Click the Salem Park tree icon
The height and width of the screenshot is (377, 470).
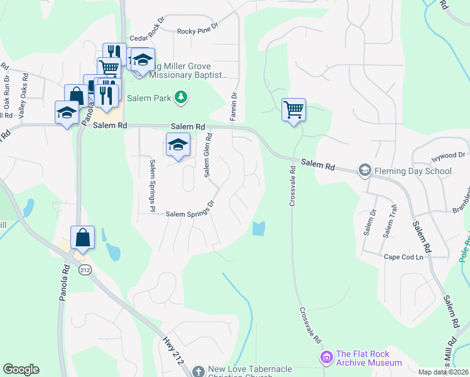[181, 97]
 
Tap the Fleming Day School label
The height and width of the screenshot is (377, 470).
[412, 170]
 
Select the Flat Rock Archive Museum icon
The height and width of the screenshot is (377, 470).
[326, 358]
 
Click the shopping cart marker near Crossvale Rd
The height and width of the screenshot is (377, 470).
[293, 110]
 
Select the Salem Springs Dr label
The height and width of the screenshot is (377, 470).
[190, 214]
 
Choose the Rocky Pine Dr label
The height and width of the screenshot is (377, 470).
[197, 30]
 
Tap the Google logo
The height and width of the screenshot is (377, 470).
[21, 369]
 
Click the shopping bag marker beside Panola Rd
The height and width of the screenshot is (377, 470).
[82, 238]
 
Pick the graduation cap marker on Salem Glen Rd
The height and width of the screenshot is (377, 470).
[178, 145]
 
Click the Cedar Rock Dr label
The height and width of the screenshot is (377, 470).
[146, 38]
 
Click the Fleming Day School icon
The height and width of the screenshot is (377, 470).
[364, 170]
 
